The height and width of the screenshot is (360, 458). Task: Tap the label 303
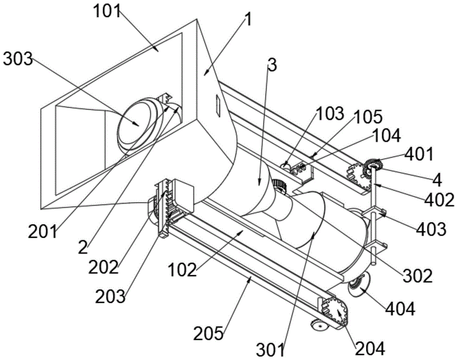[18, 58]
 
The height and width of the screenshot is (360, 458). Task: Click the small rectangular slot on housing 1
[217, 105]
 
